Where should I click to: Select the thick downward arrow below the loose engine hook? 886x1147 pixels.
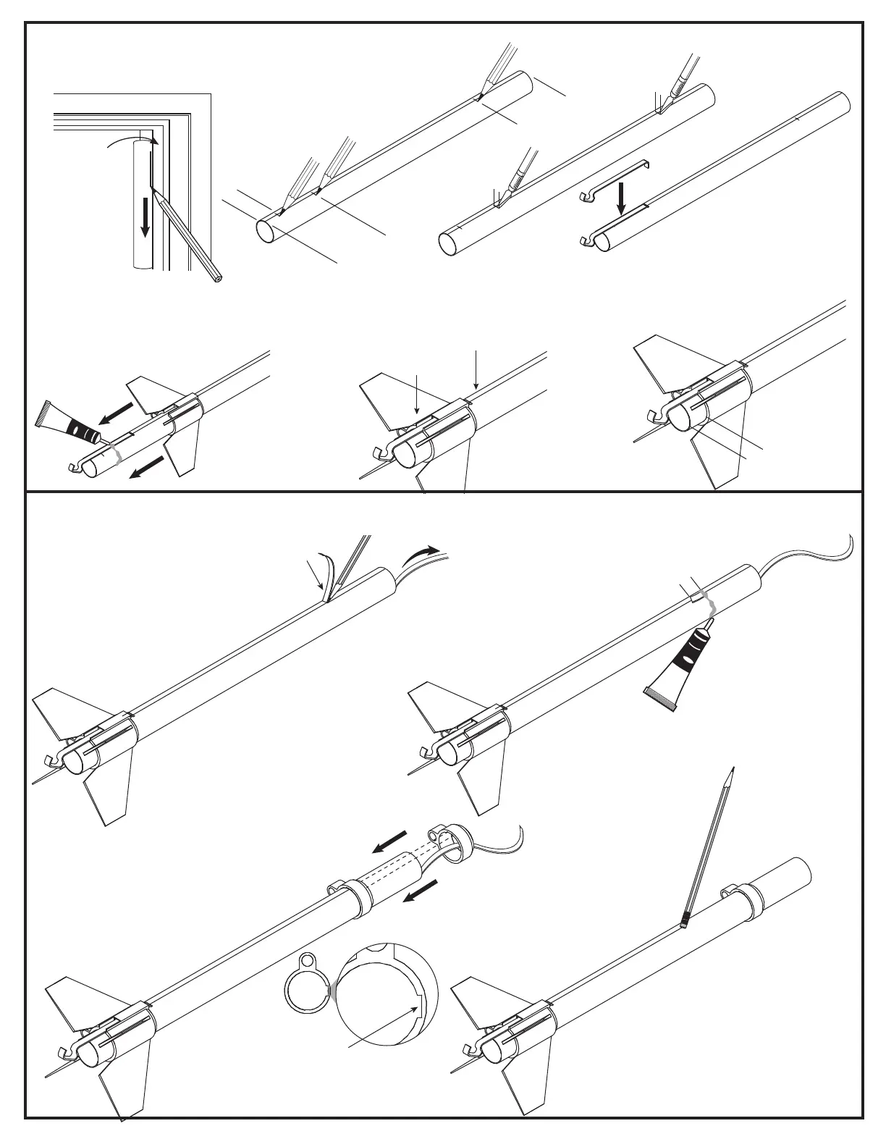[620, 198]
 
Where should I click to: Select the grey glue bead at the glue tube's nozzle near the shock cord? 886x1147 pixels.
[710, 608]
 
